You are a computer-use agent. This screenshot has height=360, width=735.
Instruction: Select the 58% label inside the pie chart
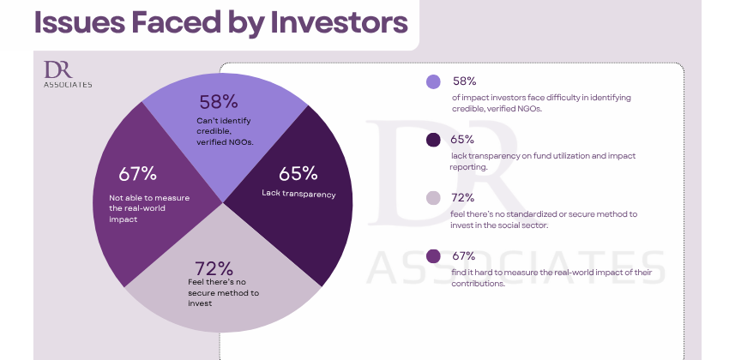(218, 103)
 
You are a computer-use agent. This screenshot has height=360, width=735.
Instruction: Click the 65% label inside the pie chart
(298, 173)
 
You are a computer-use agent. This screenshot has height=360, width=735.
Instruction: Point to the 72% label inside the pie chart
(214, 268)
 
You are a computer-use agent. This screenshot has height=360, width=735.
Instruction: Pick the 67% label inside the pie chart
(137, 173)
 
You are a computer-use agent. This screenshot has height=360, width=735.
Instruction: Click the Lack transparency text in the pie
(298, 194)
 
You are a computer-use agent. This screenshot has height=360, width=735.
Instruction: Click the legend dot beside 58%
(433, 82)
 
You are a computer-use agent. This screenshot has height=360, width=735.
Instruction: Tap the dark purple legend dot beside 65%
(433, 140)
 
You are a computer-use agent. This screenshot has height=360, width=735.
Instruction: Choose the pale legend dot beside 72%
(433, 198)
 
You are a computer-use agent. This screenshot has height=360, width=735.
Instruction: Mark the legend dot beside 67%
(433, 256)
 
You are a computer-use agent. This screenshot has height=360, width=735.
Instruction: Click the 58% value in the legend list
(464, 81)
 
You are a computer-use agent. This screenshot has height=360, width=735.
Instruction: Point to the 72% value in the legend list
(464, 197)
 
